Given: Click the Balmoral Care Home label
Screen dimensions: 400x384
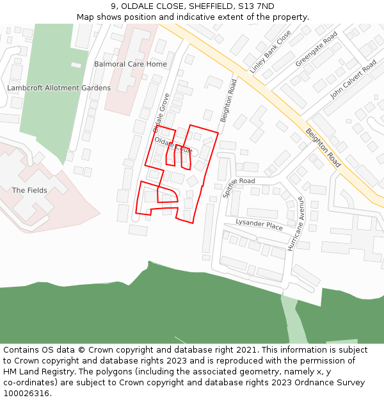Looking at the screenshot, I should (130, 64).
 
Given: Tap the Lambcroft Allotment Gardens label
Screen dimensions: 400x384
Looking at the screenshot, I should (59, 88).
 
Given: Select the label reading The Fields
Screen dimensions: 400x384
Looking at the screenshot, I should (29, 190).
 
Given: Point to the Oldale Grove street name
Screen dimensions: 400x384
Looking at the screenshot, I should (161, 113).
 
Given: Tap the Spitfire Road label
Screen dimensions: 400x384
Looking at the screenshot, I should (239, 181).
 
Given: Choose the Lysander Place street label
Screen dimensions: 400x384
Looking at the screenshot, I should (259, 225).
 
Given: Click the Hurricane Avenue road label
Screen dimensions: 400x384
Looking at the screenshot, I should (295, 227).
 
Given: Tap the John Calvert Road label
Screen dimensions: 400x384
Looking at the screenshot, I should (353, 79).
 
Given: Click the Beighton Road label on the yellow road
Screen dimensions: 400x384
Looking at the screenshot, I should (323, 148).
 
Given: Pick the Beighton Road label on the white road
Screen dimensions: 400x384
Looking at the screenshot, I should (228, 101).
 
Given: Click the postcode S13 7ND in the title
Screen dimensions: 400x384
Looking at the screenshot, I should (256, 6).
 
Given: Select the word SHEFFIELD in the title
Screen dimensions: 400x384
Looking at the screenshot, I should (209, 6).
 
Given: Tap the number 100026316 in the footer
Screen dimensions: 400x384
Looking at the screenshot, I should (26, 393).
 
